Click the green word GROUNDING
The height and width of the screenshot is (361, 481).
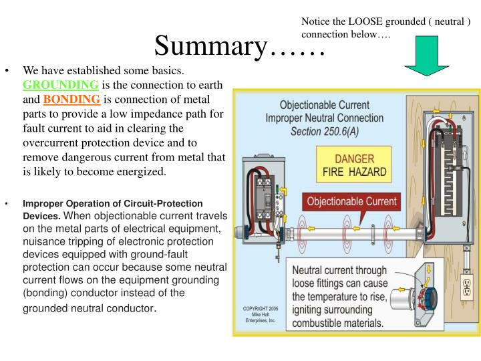[x=61, y=85]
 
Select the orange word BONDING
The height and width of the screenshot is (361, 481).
[x=71, y=100]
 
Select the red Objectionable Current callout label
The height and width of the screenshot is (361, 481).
[x=351, y=201]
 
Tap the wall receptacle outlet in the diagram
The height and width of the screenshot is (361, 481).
[x=465, y=289]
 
